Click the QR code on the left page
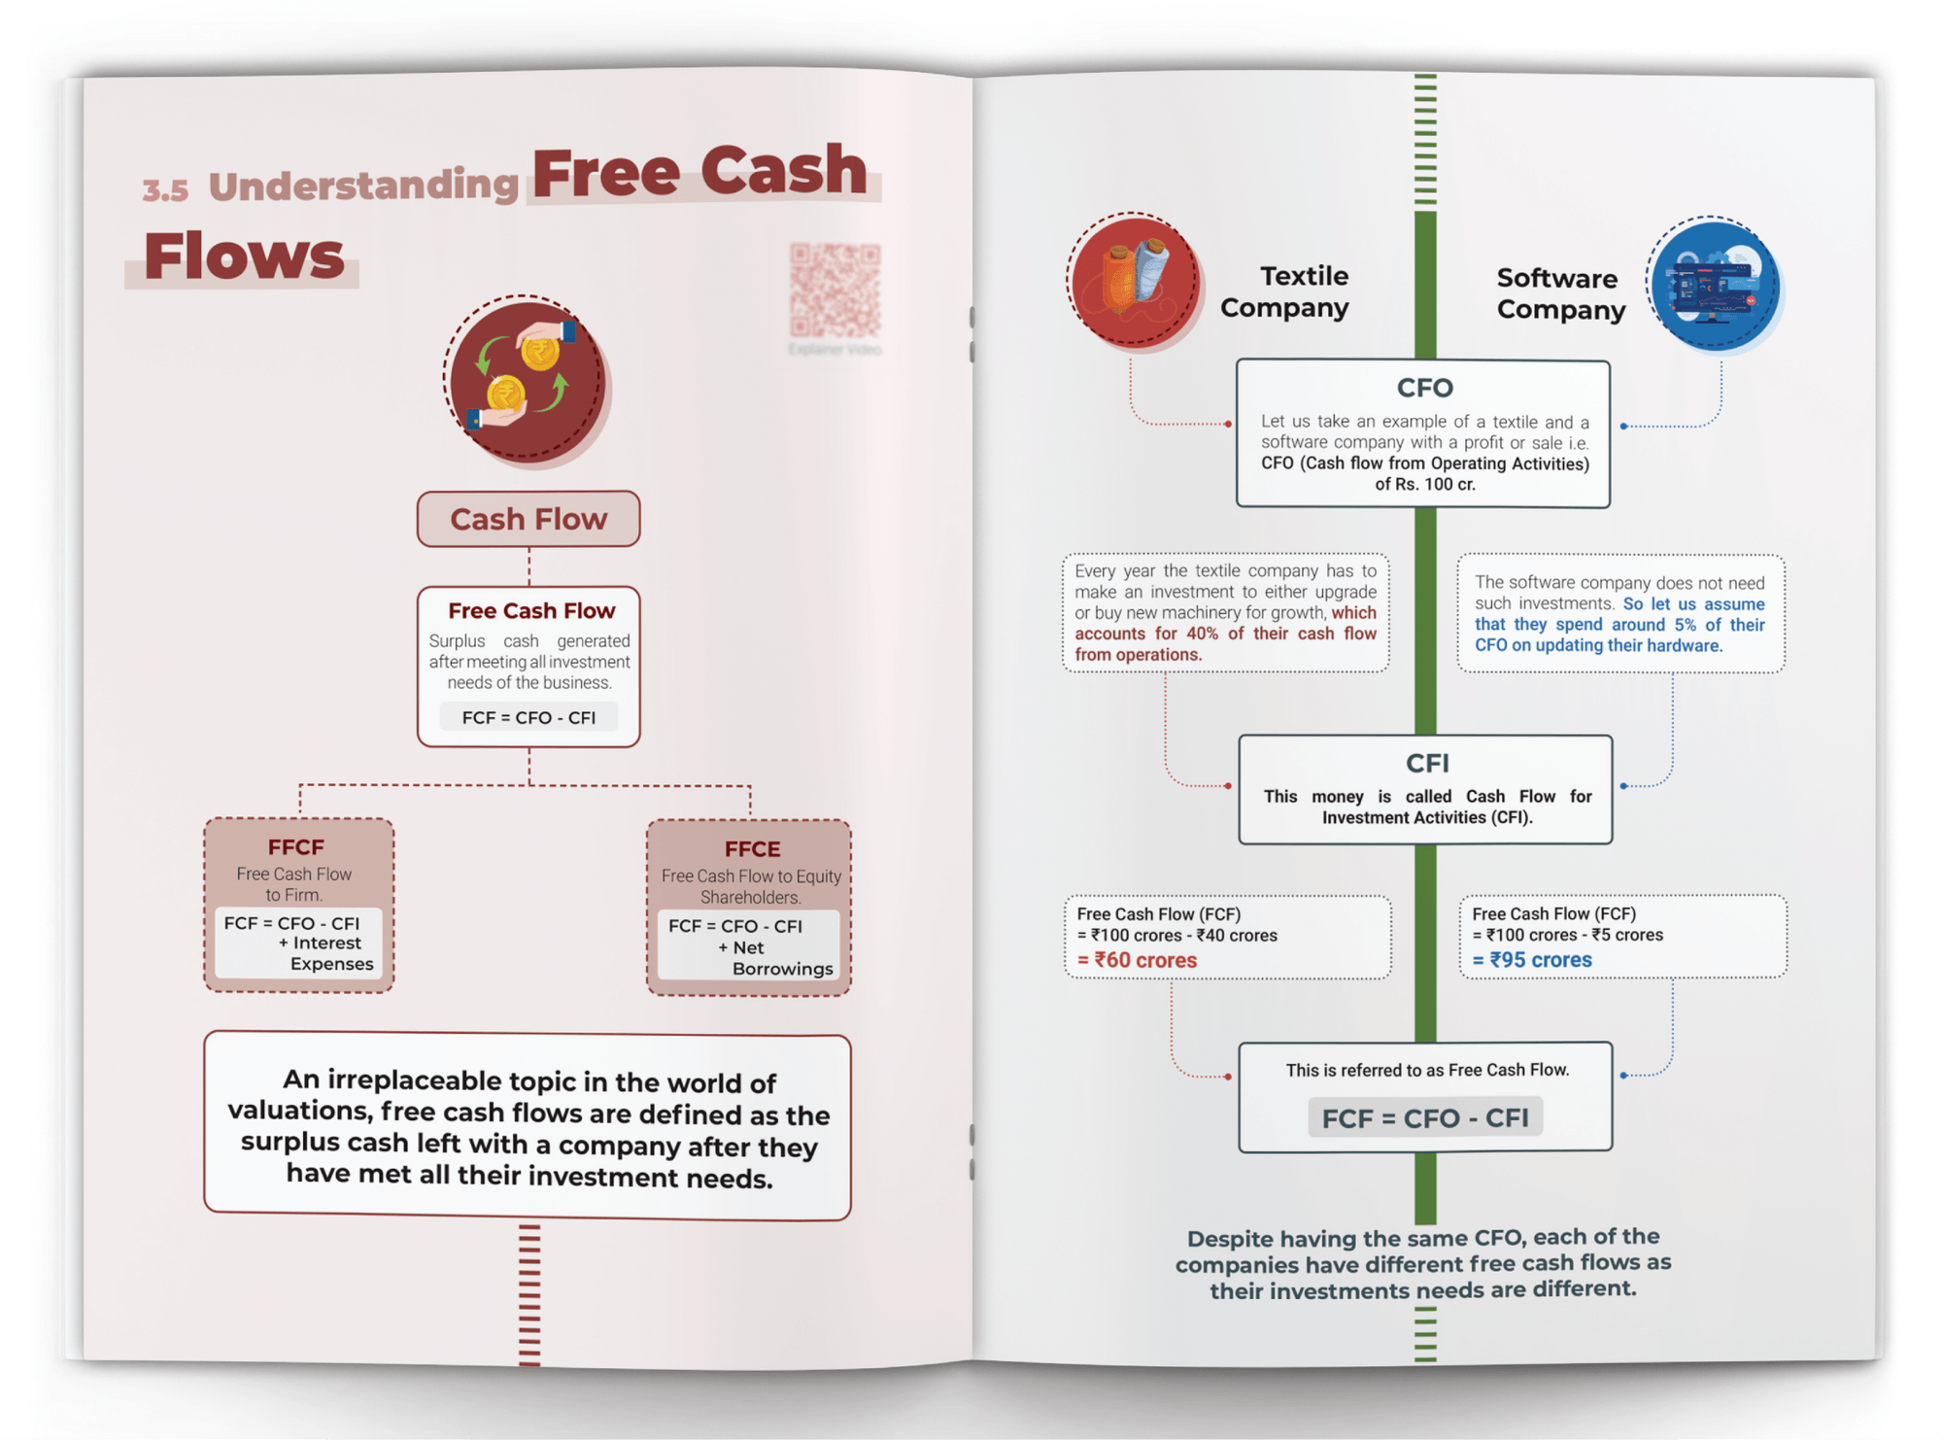(835, 291)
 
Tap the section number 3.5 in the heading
(165, 189)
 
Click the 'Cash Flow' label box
(528, 519)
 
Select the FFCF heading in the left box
(295, 847)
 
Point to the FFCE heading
(752, 849)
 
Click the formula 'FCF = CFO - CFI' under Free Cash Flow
(528, 718)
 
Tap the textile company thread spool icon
(1133, 280)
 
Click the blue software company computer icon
(1715, 284)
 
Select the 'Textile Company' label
(1285, 291)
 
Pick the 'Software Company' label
(1560, 293)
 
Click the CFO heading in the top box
(1424, 388)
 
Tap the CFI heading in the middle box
(1426, 763)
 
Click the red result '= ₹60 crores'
(1137, 960)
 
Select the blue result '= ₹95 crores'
(1532, 960)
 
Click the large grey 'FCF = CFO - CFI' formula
(1424, 1117)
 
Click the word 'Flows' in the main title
(244, 257)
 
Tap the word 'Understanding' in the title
(363, 185)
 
